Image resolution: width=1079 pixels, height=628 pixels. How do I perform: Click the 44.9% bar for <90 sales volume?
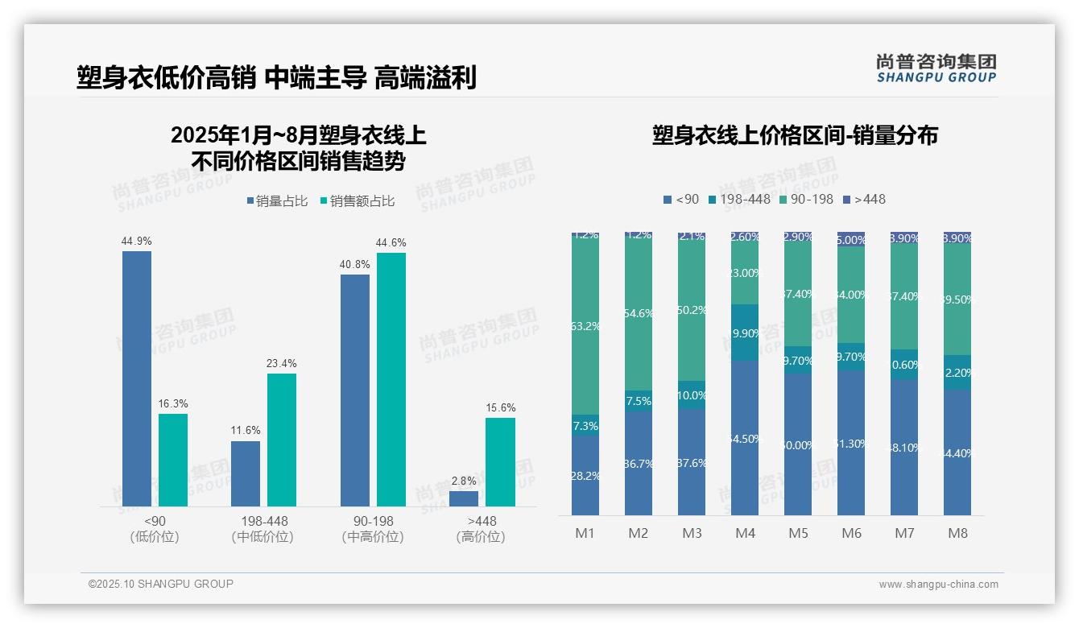coord(137,378)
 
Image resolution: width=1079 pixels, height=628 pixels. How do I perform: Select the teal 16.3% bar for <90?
coord(173,460)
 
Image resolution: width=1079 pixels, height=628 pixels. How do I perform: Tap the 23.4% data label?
coord(281,364)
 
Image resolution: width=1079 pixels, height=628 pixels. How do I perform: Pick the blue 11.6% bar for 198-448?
coord(246,473)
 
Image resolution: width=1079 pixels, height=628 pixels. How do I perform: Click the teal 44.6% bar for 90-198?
coord(391,379)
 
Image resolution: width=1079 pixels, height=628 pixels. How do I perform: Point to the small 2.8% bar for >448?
coord(464,498)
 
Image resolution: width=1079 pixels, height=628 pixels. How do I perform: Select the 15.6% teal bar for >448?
coord(500,462)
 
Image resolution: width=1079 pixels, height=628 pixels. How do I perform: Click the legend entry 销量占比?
coord(276,201)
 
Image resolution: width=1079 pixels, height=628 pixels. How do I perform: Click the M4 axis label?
coord(745,533)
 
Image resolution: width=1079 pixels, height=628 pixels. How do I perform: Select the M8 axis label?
coord(957,533)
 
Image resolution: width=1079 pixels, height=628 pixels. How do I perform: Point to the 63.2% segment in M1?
coord(585,326)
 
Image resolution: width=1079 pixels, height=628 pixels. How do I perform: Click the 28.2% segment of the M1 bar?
coord(585,475)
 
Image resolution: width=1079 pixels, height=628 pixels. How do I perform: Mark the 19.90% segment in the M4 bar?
coord(745,333)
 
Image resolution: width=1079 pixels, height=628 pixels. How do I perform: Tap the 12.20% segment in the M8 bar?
coord(957,372)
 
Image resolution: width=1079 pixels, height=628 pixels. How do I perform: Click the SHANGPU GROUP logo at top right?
coord(936,68)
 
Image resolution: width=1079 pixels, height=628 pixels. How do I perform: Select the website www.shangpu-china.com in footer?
coord(938,585)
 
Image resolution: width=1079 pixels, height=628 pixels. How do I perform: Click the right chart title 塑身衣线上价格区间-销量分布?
coord(795,135)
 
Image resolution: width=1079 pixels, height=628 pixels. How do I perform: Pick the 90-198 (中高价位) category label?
coord(373,529)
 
